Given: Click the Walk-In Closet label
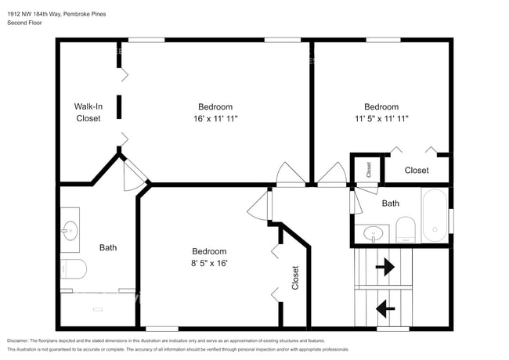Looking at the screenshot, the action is (88, 112).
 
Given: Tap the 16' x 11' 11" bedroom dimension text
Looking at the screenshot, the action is (215, 119).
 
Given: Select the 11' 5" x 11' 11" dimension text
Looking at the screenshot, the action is (381, 119).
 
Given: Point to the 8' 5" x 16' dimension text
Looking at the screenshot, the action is (209, 263).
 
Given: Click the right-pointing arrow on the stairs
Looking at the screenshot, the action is (385, 267).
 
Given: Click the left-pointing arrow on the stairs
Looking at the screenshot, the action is (385, 308).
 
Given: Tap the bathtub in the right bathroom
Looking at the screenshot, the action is (435, 215).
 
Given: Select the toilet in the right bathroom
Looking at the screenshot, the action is (406, 229).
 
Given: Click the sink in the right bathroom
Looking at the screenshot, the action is (374, 233).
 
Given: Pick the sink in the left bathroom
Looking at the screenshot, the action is (70, 231).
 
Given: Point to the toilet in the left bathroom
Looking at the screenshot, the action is (74, 269).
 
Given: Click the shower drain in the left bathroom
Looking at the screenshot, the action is (98, 309).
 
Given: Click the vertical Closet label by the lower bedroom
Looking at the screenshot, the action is (295, 278).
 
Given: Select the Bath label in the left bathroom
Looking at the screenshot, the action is (108, 248).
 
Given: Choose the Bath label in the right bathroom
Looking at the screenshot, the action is (391, 203).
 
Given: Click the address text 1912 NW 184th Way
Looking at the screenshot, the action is (34, 14).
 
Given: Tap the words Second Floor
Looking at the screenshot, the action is (24, 23).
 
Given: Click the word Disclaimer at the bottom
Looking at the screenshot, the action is (18, 341).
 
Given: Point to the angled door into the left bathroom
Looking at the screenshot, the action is (135, 175).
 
